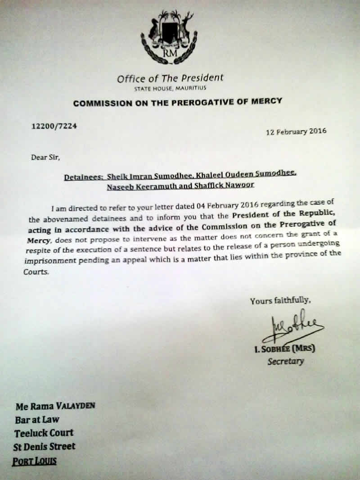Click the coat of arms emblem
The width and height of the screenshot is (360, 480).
tap(169, 38)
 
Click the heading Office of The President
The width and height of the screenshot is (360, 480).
tap(170, 78)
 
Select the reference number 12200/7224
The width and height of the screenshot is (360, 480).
tap(54, 126)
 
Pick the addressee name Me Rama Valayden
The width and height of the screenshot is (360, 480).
tap(55, 406)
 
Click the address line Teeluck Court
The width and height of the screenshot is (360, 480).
tap(44, 433)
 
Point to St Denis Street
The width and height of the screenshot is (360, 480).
tap(45, 447)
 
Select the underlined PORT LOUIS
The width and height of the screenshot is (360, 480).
tap(35, 462)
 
